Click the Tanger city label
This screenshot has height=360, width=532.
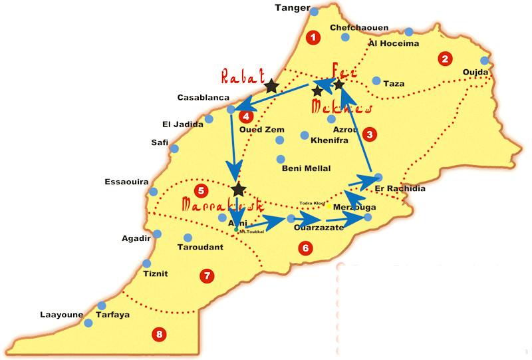pyautogui.click(x=293, y=8)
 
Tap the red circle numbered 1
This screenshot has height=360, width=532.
pyautogui.click(x=313, y=37)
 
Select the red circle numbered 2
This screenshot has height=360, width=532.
pyautogui.click(x=444, y=59)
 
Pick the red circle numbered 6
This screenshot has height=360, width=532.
pyautogui.click(x=305, y=248)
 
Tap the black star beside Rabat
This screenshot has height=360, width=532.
pyautogui.click(x=271, y=86)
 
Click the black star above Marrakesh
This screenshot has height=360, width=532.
pyautogui.click(x=238, y=190)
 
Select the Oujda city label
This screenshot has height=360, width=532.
pyautogui.click(x=476, y=72)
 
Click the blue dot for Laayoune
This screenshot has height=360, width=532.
pyautogui.click(x=88, y=323)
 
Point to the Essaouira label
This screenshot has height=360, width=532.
pyautogui.click(x=126, y=182)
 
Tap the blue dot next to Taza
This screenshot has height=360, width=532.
pyautogui.click(x=376, y=81)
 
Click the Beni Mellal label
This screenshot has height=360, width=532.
pyautogui.click(x=307, y=168)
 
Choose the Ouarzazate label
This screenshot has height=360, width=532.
pyautogui.click(x=319, y=228)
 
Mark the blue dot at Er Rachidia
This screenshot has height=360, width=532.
pyautogui.click(x=378, y=177)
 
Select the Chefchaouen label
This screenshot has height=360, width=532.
pyautogui.click(x=359, y=28)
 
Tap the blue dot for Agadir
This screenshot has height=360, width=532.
pyautogui.click(x=157, y=234)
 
